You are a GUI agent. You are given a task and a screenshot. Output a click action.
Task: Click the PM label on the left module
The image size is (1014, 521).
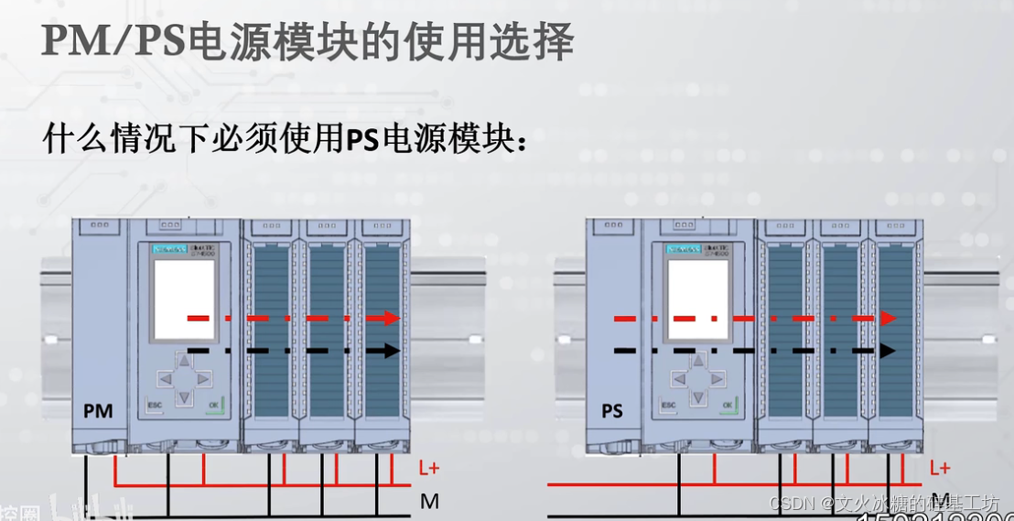pyautogui.click(x=98, y=411)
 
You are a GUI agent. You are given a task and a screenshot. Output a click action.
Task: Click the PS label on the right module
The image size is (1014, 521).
pyautogui.click(x=612, y=411)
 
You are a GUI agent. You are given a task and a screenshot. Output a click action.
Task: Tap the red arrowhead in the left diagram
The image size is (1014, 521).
pyautogui.click(x=393, y=318)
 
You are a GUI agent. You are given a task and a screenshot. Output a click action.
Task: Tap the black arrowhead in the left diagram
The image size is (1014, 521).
pyautogui.click(x=393, y=350)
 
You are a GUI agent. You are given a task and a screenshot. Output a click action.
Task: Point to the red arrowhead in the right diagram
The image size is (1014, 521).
pyautogui.click(x=888, y=318)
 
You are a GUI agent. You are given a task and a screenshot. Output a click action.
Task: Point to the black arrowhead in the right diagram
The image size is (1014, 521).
pyautogui.click(x=888, y=350)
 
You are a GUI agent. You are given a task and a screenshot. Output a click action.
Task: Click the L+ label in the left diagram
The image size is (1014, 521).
pyautogui.click(x=429, y=468)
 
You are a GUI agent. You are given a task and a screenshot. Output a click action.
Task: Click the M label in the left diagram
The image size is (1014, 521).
pyautogui.click(x=429, y=501)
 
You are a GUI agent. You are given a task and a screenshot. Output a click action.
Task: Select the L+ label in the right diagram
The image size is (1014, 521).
pyautogui.click(x=940, y=468)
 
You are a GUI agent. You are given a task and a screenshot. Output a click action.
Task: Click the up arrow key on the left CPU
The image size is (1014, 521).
pyautogui.click(x=184, y=361)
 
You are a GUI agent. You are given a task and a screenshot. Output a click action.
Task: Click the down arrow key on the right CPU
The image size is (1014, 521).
pyautogui.click(x=698, y=396)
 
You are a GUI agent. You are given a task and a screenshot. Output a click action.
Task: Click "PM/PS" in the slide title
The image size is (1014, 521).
pyautogui.click(x=115, y=42)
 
